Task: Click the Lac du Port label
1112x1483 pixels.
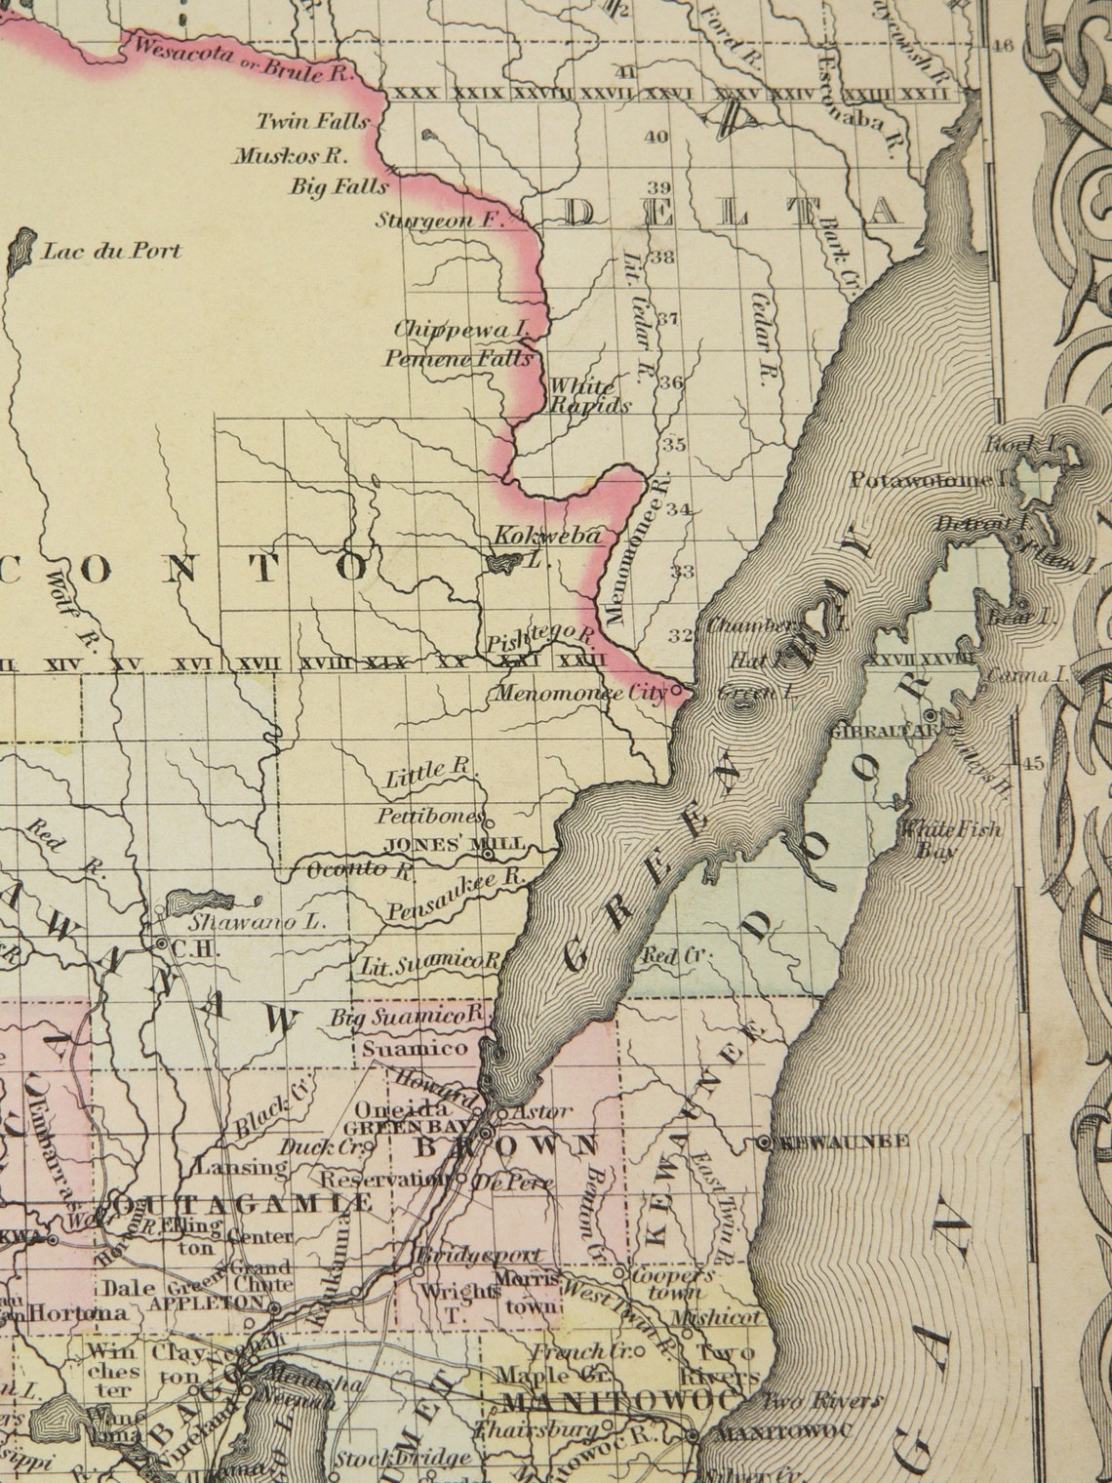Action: pyautogui.click(x=112, y=251)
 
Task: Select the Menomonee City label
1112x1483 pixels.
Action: pyautogui.click(x=576, y=694)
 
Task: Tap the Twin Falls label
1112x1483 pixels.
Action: pyautogui.click(x=312, y=122)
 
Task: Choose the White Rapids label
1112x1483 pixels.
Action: pyautogui.click(x=590, y=396)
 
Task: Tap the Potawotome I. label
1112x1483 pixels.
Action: pyautogui.click(x=933, y=480)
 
